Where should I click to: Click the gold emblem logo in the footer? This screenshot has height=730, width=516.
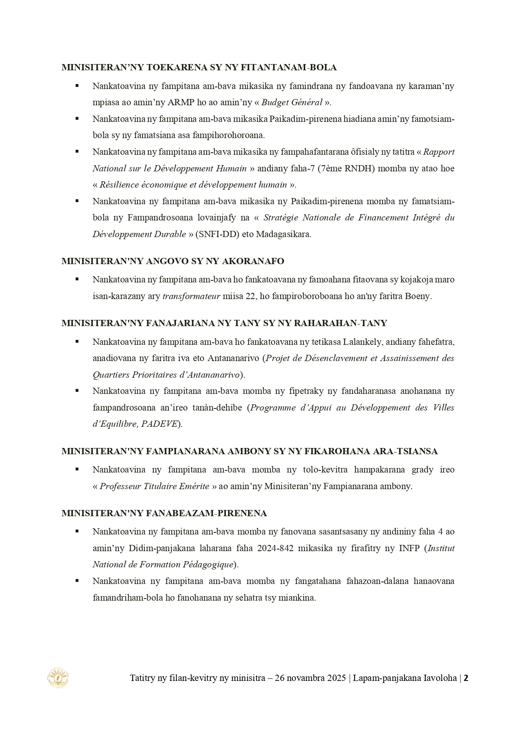(x=58, y=678)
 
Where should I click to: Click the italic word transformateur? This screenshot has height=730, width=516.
(x=191, y=297)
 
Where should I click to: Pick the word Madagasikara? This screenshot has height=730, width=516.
(x=284, y=234)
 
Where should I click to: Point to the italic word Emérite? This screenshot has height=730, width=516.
(x=194, y=486)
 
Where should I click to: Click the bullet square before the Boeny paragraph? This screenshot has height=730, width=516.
(x=77, y=279)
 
